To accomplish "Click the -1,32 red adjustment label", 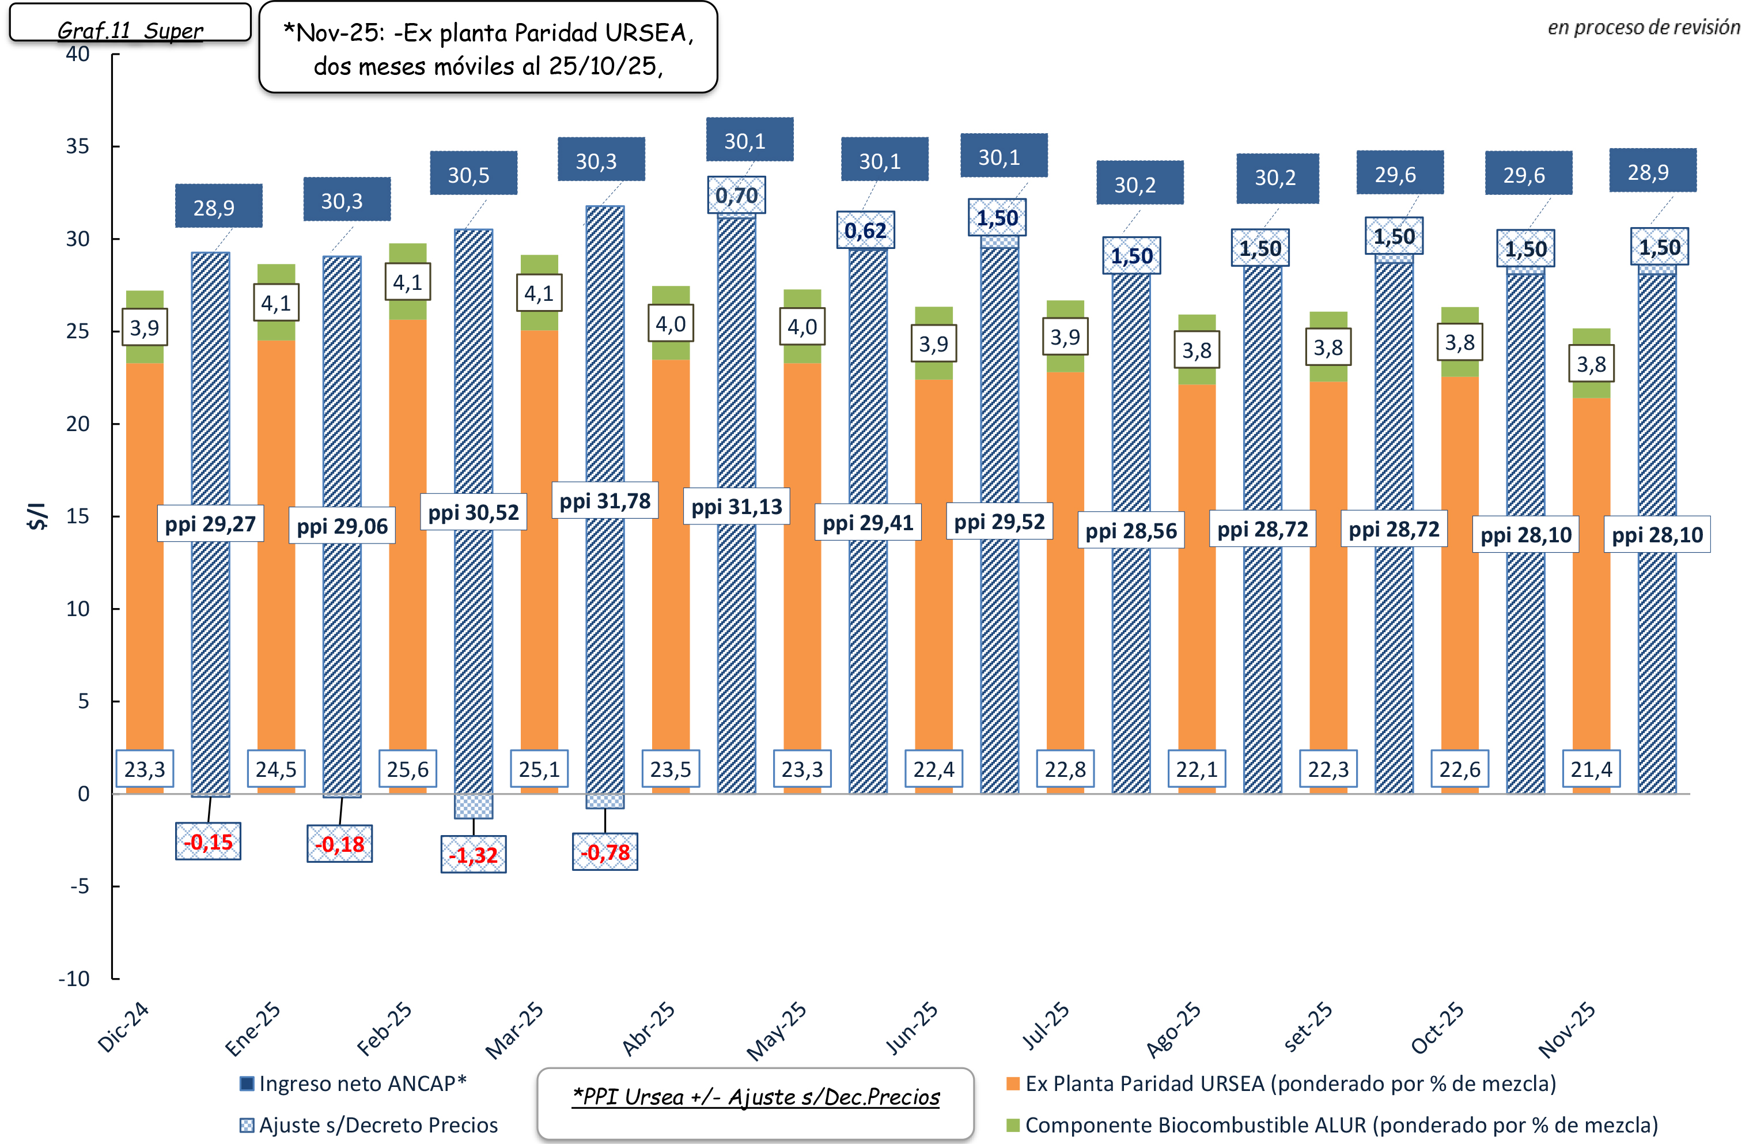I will point(473,855).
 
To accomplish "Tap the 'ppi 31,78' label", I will point(605,501).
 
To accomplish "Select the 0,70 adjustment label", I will point(737,195).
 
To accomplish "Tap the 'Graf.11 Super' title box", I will point(130,29).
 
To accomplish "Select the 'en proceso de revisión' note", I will point(1643,27).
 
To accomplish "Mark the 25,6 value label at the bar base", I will point(407,769).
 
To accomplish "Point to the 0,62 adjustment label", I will point(865,231).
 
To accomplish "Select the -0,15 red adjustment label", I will point(209,841).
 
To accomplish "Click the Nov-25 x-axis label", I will point(1567,1030).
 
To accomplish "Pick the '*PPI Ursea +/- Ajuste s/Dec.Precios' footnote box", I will point(756,1097).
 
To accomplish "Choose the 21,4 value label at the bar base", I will point(1591,769).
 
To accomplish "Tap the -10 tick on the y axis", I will point(74,978).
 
